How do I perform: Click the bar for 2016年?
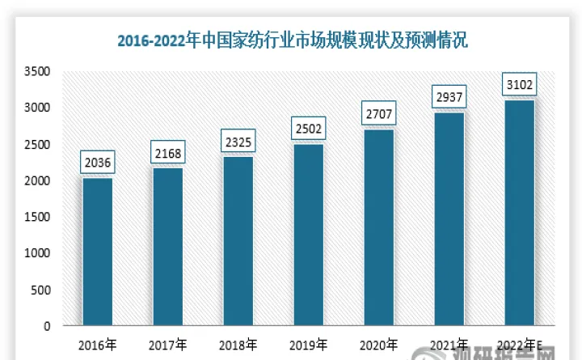click(x=96, y=252)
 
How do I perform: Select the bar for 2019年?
click(x=307, y=235)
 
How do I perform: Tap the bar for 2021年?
click(x=448, y=219)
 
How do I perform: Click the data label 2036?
click(x=96, y=163)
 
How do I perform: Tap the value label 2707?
click(x=377, y=115)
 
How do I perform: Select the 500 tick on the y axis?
click(x=41, y=290)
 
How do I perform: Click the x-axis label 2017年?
click(x=167, y=344)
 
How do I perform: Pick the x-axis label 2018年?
click(x=238, y=344)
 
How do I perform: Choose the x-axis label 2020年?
click(x=378, y=344)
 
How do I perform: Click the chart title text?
click(x=292, y=38)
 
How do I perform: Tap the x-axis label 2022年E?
click(x=520, y=344)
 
